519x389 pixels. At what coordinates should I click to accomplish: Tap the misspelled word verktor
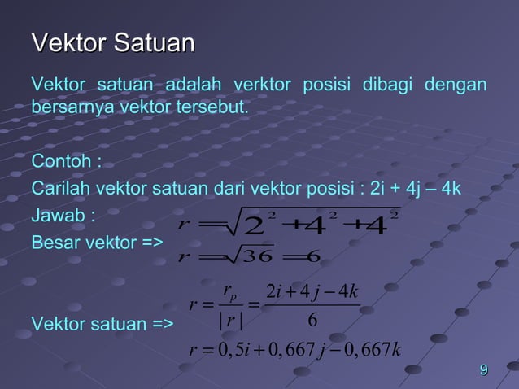[262, 85]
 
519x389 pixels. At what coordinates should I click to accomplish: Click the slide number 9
[484, 372]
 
